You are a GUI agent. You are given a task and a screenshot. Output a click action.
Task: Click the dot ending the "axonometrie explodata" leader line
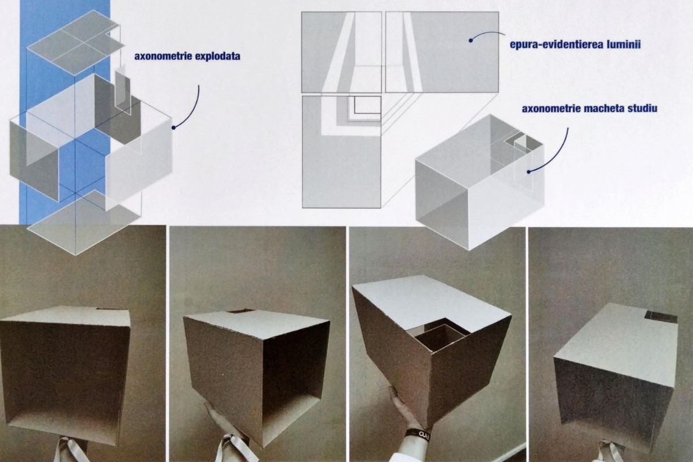[174, 127]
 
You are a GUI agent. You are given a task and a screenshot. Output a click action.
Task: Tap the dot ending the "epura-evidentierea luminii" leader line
[470, 40]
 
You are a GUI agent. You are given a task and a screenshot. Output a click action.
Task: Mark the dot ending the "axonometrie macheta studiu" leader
[529, 172]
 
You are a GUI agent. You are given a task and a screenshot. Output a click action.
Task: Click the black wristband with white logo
[422, 434]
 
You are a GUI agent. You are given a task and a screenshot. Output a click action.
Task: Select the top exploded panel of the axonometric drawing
[76, 41]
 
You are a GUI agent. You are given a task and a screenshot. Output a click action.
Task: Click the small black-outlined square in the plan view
[367, 105]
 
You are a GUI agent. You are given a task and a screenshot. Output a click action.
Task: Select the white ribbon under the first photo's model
[71, 450]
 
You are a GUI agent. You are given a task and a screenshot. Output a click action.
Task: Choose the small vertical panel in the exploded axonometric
[123, 89]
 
